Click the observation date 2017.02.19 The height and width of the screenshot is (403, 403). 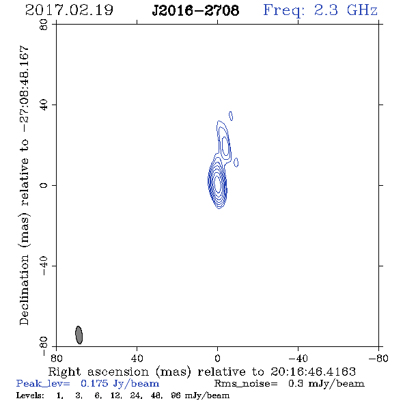point(69,10)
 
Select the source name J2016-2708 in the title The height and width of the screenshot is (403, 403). point(195,10)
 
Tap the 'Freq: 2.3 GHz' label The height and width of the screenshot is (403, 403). point(320,10)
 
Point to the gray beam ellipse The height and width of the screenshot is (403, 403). point(79,335)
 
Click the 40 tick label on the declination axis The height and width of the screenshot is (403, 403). point(44,105)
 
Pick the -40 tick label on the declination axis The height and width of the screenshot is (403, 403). point(44,266)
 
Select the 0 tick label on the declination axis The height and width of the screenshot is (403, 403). point(44,185)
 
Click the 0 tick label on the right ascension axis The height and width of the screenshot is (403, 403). point(217,359)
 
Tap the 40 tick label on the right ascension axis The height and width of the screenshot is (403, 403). point(137,359)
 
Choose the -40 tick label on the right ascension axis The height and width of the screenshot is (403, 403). point(298,359)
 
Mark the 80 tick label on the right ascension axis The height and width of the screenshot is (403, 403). point(56,359)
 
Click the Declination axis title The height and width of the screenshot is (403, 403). point(24,185)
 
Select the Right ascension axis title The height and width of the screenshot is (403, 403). point(202,372)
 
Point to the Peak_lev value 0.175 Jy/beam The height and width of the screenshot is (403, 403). point(120,383)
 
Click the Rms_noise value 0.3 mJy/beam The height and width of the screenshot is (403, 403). point(326,383)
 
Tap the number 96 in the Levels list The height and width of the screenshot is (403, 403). point(176,395)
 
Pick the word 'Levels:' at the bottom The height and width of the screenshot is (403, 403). point(30,395)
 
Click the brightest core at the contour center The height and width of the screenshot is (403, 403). point(217,184)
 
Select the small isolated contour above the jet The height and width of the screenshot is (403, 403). point(231,116)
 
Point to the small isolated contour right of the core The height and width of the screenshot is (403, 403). point(236,163)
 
